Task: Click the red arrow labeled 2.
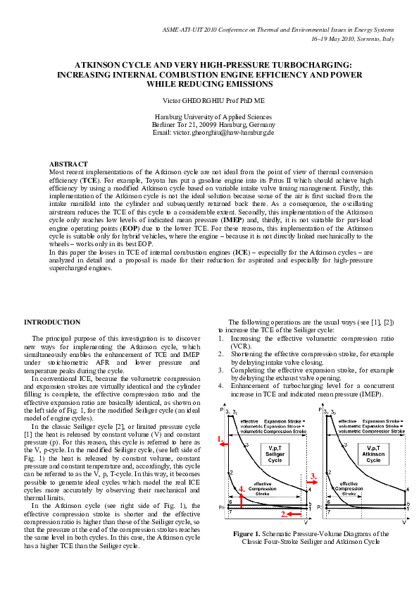click(290, 516)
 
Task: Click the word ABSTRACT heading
click(73, 164)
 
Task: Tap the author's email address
click(213, 133)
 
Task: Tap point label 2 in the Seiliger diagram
click(231, 472)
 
